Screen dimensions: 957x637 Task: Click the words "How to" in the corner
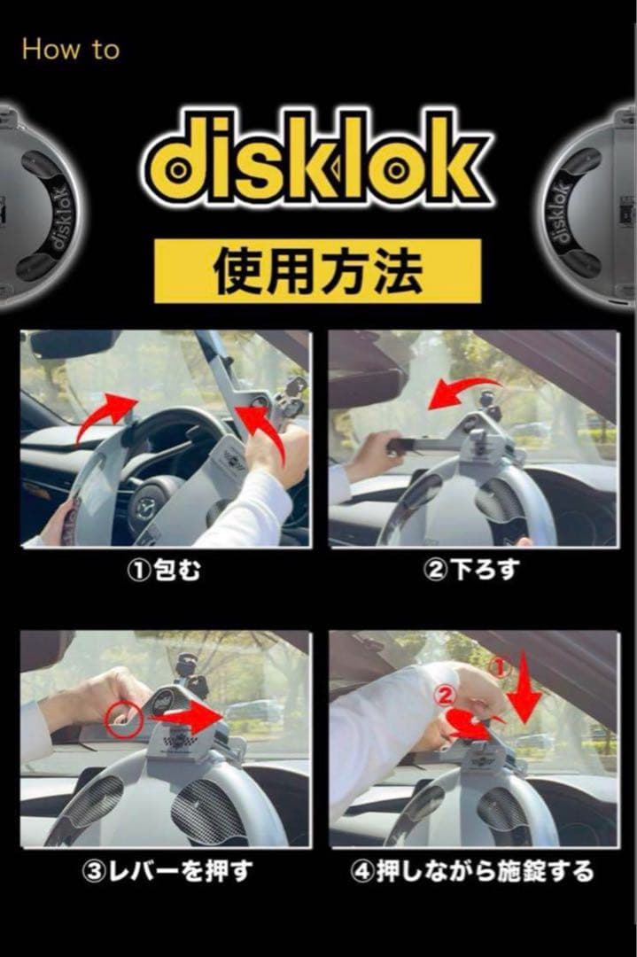coord(70,49)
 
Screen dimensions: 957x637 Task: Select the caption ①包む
coord(166,571)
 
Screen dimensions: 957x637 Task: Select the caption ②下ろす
coord(473,571)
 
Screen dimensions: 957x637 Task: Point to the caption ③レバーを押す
coord(166,871)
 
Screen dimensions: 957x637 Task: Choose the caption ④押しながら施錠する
coord(473,871)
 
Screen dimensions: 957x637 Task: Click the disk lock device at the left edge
coord(35,208)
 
